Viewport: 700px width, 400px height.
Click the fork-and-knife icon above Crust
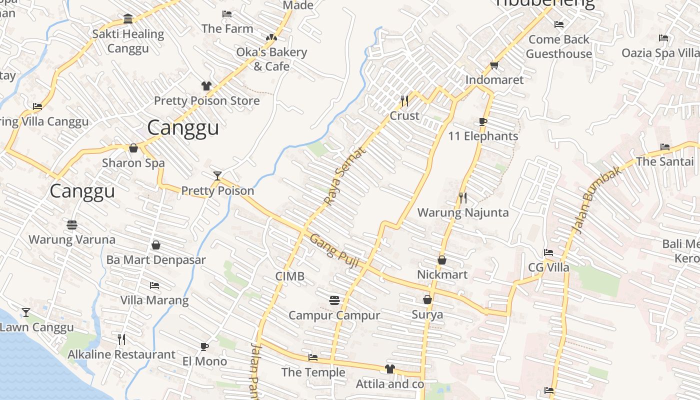click(404, 101)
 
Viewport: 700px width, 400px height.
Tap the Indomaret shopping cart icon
click(494, 65)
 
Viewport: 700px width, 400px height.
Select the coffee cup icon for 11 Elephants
click(482, 121)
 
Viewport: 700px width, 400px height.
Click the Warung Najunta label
click(463, 212)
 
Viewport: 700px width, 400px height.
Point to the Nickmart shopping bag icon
click(442, 260)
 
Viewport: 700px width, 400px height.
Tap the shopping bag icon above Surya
click(427, 299)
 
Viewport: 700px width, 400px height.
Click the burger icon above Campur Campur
click(334, 300)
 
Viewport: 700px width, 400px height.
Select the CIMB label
click(290, 276)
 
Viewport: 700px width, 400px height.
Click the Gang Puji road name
click(334, 250)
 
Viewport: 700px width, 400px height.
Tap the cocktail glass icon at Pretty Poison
click(217, 175)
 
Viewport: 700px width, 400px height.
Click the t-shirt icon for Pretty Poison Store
click(206, 86)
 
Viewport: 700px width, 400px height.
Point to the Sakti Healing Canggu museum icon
click(128, 19)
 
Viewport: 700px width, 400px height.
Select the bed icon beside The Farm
click(227, 14)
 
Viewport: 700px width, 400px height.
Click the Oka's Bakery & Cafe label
click(271, 59)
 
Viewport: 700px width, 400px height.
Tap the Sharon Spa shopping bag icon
click(133, 148)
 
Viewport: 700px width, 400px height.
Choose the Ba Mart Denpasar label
click(156, 260)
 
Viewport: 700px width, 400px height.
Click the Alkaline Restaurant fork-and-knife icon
click(121, 339)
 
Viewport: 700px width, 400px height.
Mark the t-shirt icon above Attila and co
click(390, 369)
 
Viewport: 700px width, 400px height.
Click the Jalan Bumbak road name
click(597, 199)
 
